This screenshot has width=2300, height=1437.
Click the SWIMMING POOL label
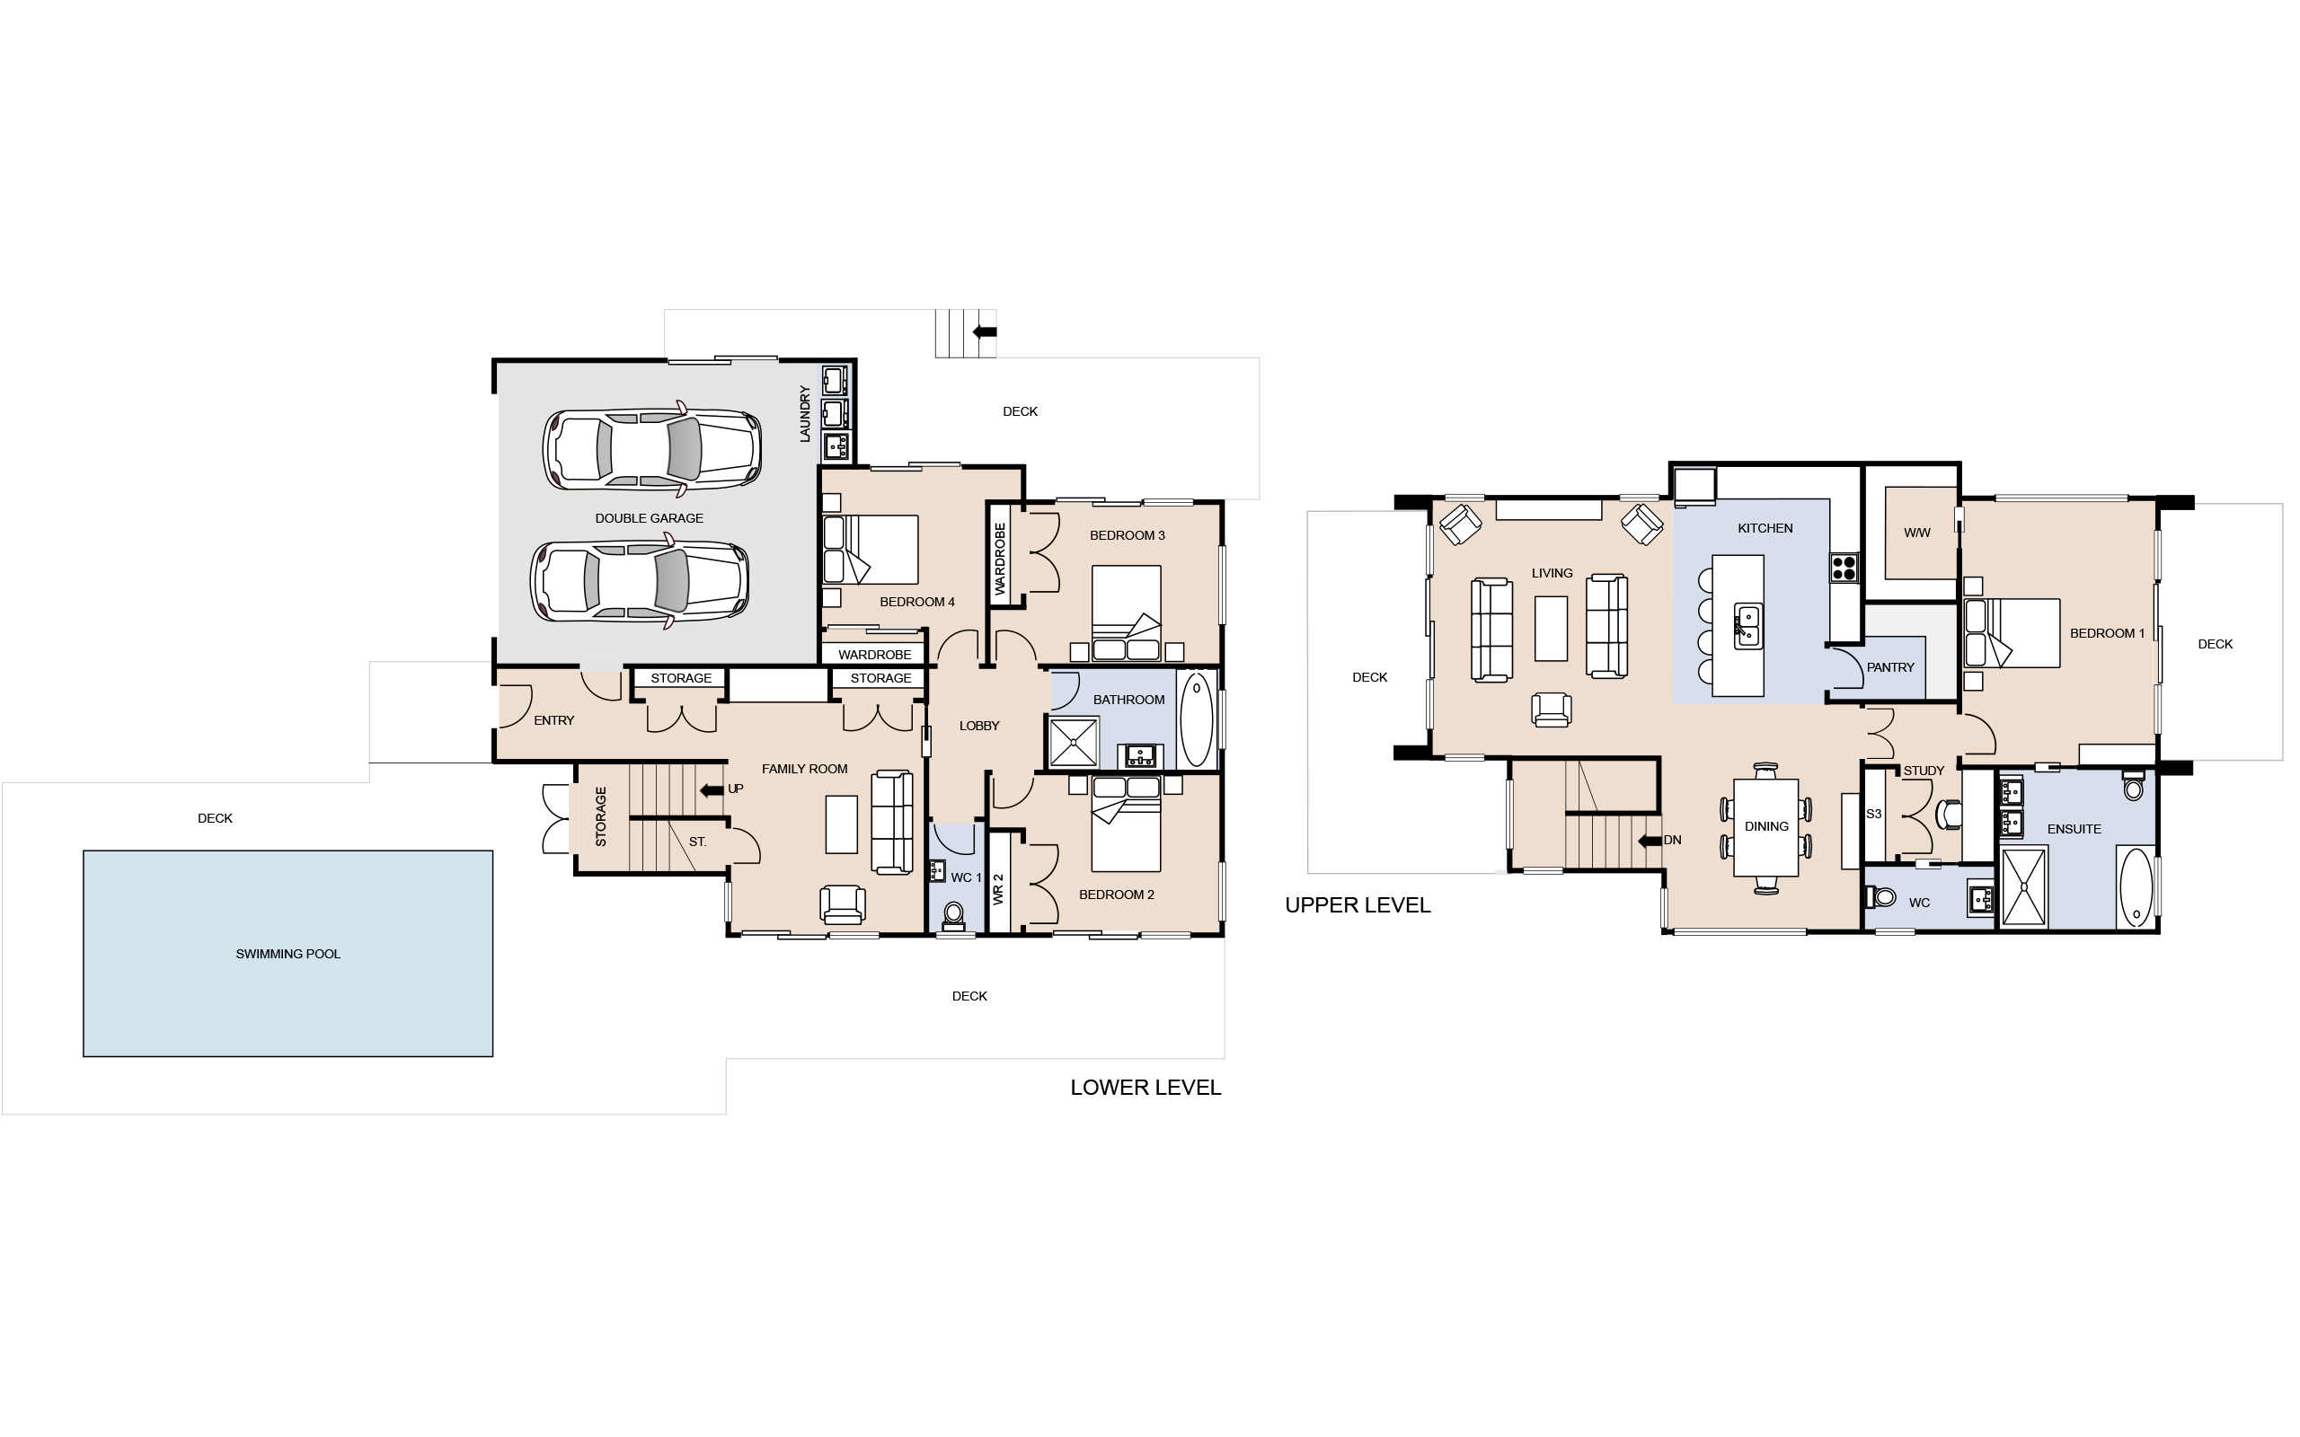(x=288, y=954)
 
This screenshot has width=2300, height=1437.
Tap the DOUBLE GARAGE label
(x=650, y=518)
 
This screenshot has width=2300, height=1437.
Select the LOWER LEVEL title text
(x=1146, y=1088)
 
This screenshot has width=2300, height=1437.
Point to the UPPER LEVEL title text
(x=1358, y=904)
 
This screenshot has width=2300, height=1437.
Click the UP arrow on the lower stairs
(x=711, y=789)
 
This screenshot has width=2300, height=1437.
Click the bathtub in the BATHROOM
(x=1197, y=718)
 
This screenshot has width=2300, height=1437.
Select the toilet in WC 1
(x=953, y=914)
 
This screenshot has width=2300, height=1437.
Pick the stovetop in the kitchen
(x=1844, y=568)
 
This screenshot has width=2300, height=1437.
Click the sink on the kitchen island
(x=1747, y=626)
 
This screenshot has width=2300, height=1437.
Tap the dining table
(x=1765, y=828)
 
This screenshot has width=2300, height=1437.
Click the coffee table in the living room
(x=1551, y=628)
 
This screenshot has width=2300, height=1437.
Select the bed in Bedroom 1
(x=2011, y=633)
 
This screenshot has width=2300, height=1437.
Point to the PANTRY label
(x=1890, y=667)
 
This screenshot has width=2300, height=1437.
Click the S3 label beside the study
(x=1873, y=814)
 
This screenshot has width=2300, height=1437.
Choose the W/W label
(x=1917, y=533)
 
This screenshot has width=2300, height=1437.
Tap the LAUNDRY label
(x=805, y=413)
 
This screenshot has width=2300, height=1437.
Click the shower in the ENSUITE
(x=2024, y=887)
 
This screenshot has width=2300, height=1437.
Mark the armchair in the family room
(x=843, y=904)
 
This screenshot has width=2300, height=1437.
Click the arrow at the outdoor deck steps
(x=985, y=332)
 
